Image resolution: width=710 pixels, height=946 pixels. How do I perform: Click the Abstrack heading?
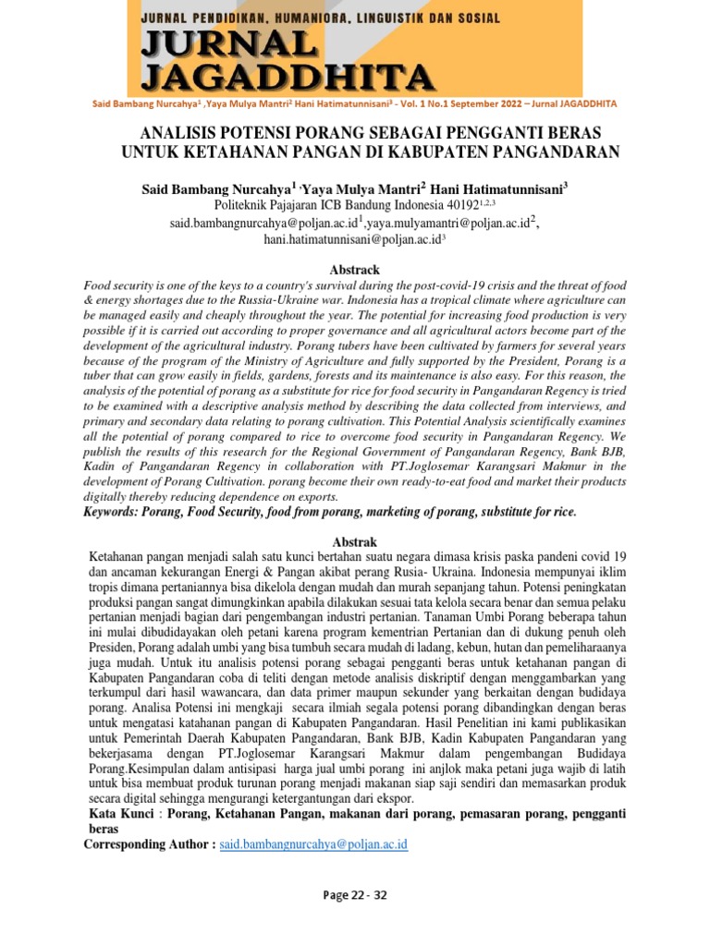(x=355, y=270)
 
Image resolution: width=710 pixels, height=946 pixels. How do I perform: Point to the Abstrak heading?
(x=354, y=540)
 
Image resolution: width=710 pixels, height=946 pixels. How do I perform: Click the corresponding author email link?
(x=313, y=844)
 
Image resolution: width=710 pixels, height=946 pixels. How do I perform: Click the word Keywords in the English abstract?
(x=115, y=512)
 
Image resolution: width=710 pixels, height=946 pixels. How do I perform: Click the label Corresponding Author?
(x=149, y=844)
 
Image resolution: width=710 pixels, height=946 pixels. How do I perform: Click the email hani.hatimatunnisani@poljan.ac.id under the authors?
(x=352, y=238)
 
